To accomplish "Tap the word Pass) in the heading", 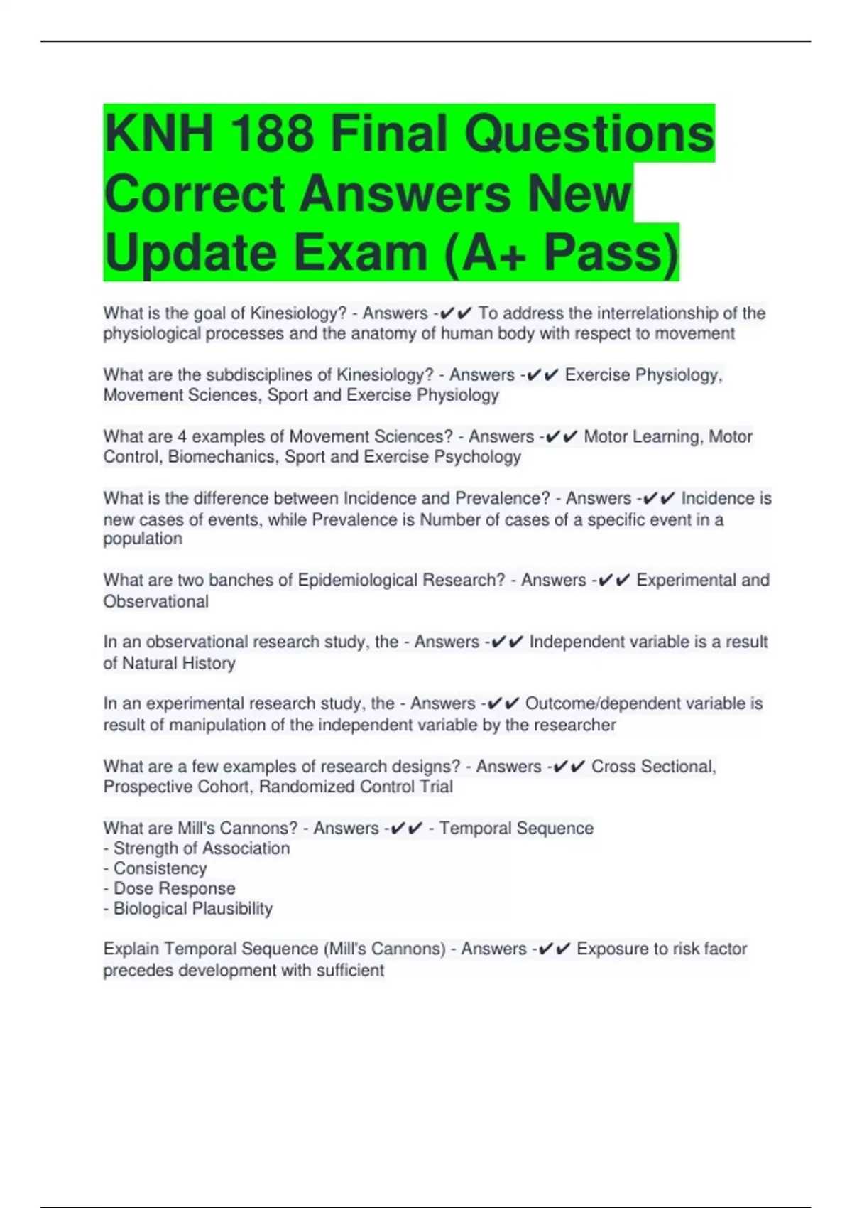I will pos(611,253).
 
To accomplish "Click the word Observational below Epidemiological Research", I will pos(156,601).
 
